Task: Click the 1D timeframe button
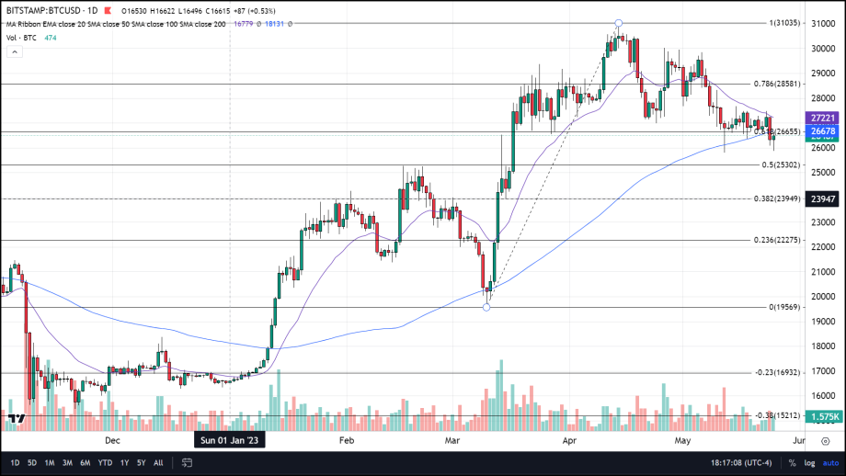pyautogui.click(x=15, y=462)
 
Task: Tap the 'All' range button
pyautogui.click(x=158, y=462)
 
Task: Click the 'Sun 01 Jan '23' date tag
pyautogui.click(x=229, y=440)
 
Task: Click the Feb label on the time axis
pyautogui.click(x=347, y=440)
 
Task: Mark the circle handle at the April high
pyautogui.click(x=619, y=22)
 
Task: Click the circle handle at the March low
pyautogui.click(x=486, y=307)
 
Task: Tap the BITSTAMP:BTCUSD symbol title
pyautogui.click(x=43, y=7)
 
